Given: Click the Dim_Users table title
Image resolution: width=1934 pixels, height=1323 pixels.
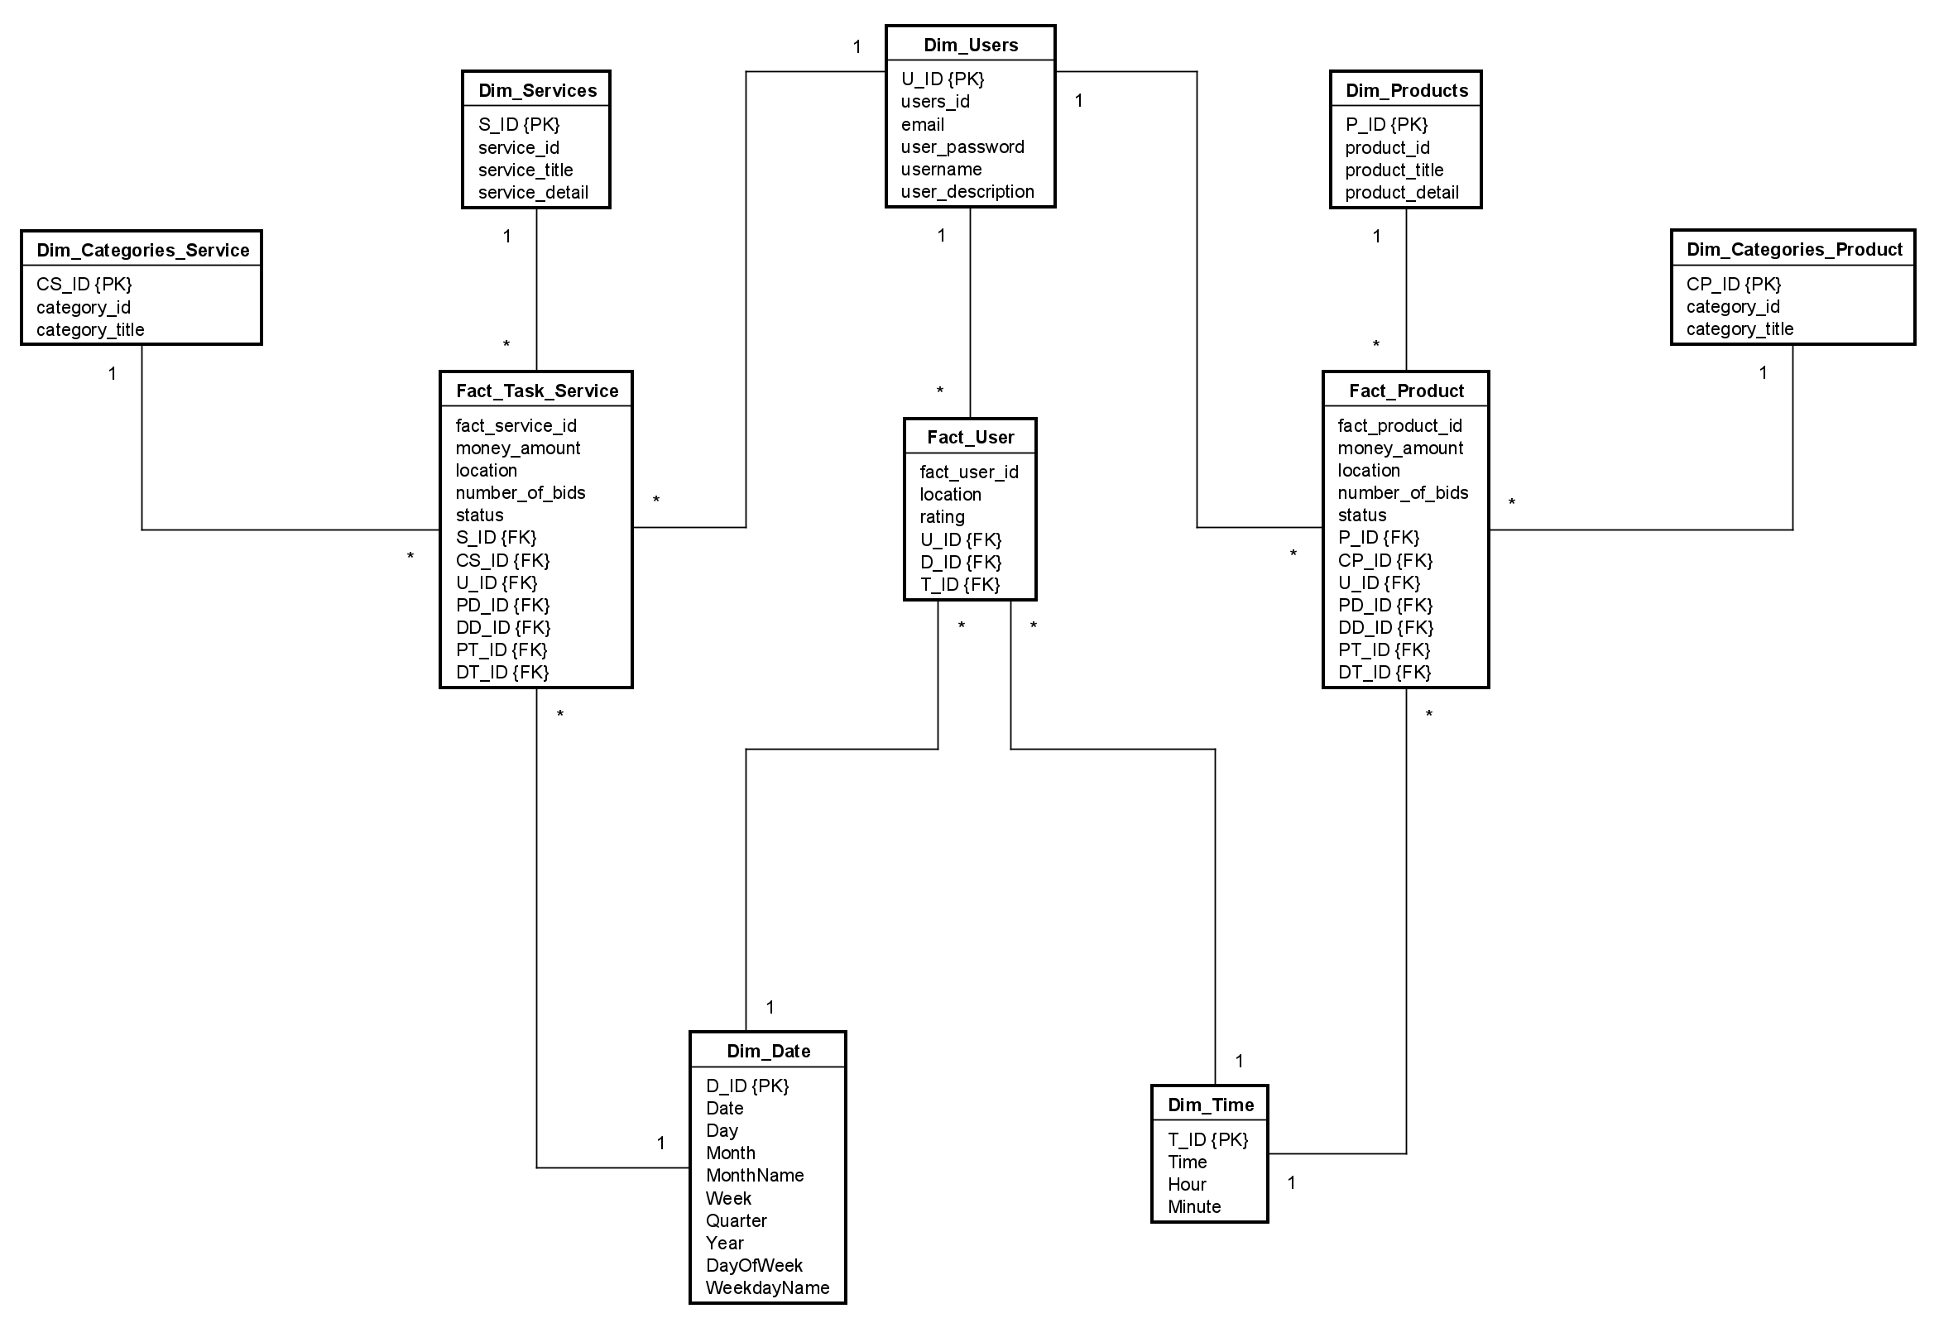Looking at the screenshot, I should click(971, 45).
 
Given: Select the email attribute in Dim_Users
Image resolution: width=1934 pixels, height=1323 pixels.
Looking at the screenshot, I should click(922, 125).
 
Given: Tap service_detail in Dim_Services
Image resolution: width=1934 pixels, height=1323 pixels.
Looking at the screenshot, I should click(533, 192).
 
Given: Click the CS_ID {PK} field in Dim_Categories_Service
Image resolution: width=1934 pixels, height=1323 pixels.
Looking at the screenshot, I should click(84, 285).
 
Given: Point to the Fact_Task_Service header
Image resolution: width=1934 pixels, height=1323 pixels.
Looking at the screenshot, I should click(537, 391).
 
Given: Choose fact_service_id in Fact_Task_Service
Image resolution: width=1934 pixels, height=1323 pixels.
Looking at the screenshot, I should click(516, 426).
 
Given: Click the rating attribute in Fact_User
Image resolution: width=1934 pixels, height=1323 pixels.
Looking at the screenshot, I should click(942, 517).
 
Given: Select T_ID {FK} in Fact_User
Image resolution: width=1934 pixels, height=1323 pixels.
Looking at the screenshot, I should click(959, 584).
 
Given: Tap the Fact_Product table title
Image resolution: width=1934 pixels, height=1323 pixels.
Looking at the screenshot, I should click(1405, 391).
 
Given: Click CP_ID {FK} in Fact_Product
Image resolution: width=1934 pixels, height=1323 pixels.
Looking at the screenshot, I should click(1385, 560).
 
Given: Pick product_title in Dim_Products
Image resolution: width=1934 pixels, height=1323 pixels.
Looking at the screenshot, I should click(1394, 170).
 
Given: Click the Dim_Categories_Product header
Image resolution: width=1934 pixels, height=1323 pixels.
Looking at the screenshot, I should click(1794, 250).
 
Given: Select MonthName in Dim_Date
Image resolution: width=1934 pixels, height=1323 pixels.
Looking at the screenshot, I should click(755, 1175).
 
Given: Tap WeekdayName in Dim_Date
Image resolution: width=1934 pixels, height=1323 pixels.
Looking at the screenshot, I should click(767, 1287).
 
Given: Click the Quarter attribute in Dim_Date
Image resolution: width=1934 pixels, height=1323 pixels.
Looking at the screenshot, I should click(736, 1220).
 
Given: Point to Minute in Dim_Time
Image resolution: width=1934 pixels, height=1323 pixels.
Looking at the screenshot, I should click(1194, 1206).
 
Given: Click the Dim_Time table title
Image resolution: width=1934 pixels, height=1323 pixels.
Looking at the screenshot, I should click(1210, 1105).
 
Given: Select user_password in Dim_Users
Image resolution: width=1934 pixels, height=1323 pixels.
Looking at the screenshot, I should click(962, 147).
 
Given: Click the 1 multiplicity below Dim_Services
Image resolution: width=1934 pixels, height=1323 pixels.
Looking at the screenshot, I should click(506, 237).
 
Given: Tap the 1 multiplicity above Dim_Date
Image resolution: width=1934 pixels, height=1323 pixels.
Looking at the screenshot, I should click(770, 1008).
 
